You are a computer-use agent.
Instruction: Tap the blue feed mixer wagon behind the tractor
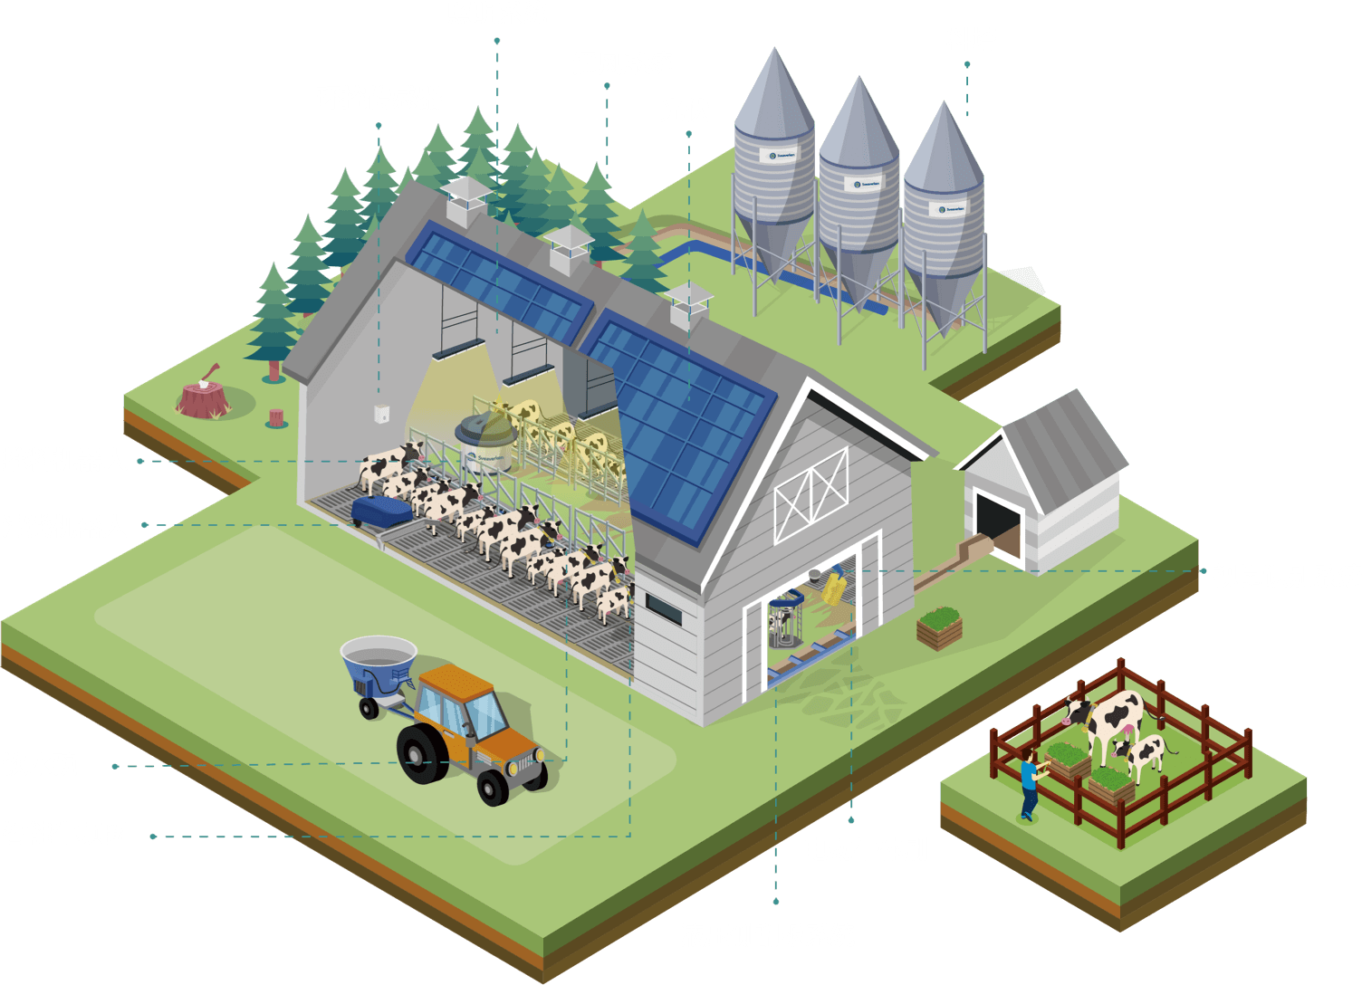(378, 667)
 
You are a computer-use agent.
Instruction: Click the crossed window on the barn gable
(811, 495)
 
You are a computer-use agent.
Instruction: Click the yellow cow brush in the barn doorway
(833, 588)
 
